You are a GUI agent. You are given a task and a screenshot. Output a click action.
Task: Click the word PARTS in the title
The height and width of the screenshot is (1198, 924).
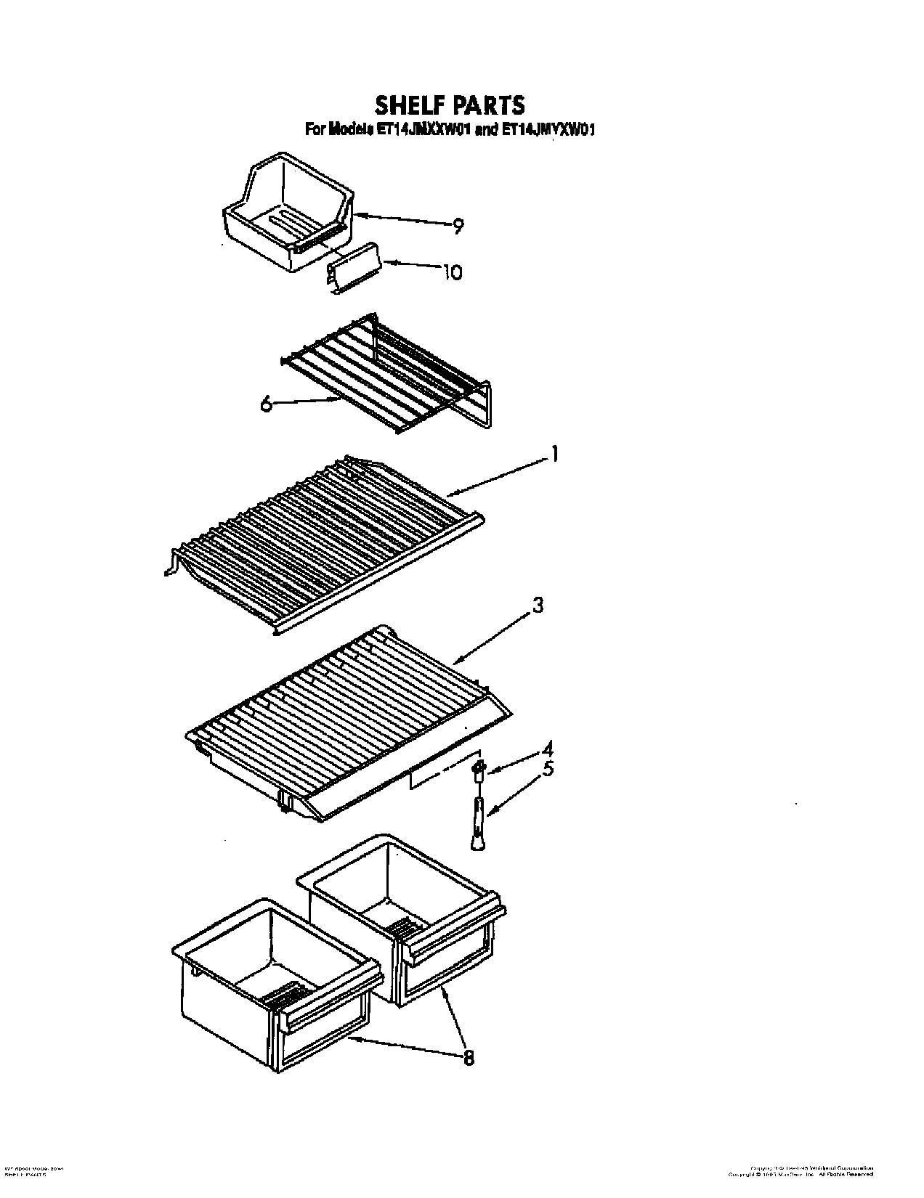pyautogui.click(x=488, y=105)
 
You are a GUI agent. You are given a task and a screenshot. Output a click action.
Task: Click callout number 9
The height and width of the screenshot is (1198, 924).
pyautogui.click(x=458, y=227)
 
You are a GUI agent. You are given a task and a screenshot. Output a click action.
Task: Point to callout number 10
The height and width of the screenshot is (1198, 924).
pyautogui.click(x=452, y=272)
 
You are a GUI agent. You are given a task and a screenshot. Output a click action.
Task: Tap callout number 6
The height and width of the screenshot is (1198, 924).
pyautogui.click(x=267, y=404)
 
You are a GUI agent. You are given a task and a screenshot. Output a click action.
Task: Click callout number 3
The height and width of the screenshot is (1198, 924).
pyautogui.click(x=538, y=605)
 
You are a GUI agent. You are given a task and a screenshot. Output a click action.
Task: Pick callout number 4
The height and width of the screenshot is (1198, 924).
pyautogui.click(x=548, y=748)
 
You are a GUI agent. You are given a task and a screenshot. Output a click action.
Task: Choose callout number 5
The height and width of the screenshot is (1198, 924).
pyautogui.click(x=548, y=768)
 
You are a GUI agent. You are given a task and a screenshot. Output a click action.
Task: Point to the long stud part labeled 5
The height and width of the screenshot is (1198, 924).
pyautogui.click(x=477, y=820)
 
